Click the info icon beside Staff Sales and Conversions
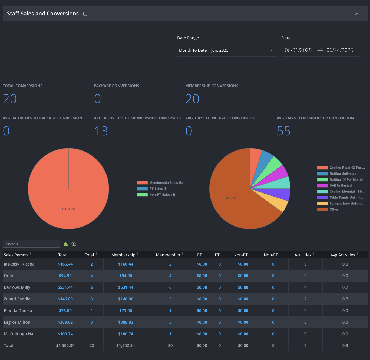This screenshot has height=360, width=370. point(85,14)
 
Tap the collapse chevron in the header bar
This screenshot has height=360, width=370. point(357,14)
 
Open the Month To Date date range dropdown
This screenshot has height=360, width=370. point(227,50)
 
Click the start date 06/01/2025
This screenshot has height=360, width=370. point(298,50)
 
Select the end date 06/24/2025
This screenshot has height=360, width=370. point(340,50)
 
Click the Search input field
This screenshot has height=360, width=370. point(31,244)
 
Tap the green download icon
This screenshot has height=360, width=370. point(66,244)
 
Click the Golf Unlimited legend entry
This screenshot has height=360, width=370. point(334,185)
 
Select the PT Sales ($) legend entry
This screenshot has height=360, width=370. point(152,189)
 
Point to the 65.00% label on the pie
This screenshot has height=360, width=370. point(232,198)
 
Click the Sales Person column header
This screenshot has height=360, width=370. point(16,255)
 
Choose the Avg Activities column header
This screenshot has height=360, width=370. point(342,255)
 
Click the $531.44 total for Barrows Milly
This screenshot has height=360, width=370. point(65,287)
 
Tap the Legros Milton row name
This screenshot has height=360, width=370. point(17,322)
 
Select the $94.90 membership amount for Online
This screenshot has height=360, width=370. point(126,276)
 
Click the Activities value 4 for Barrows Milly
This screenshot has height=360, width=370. point(305,287)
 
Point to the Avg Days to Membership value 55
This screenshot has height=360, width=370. point(283,131)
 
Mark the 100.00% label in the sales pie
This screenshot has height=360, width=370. point(68,209)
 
